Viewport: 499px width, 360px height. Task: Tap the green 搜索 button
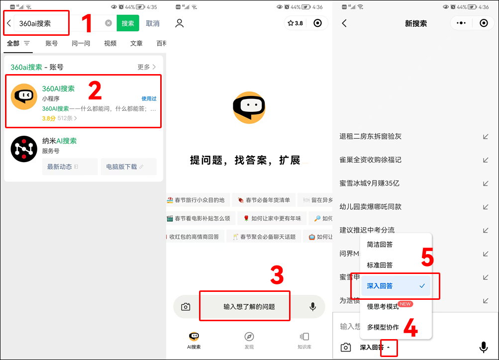click(x=128, y=23)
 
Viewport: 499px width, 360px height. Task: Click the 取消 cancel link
click(x=153, y=23)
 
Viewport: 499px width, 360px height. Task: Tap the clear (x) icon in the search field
click(x=108, y=23)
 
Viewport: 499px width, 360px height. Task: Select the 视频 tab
click(x=110, y=43)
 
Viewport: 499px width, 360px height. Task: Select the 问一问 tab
click(x=81, y=43)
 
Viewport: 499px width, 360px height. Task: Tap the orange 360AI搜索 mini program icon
click(x=24, y=96)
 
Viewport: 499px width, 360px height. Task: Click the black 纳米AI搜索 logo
click(x=24, y=149)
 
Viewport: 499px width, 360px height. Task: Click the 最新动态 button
click(x=70, y=167)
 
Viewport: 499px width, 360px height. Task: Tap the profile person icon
click(x=180, y=23)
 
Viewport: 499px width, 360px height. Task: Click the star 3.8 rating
click(x=295, y=23)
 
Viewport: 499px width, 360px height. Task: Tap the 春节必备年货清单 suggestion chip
click(x=264, y=200)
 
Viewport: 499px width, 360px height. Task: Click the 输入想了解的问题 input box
click(x=249, y=307)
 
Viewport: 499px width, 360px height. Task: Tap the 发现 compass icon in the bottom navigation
click(x=249, y=337)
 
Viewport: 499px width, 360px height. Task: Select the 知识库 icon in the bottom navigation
click(x=304, y=337)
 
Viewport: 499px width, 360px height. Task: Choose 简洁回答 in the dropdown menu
click(x=380, y=245)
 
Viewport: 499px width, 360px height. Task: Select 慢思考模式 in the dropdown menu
click(x=383, y=306)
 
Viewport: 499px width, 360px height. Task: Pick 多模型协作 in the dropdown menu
click(x=383, y=327)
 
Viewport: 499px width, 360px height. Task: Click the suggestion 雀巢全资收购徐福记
click(x=371, y=160)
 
